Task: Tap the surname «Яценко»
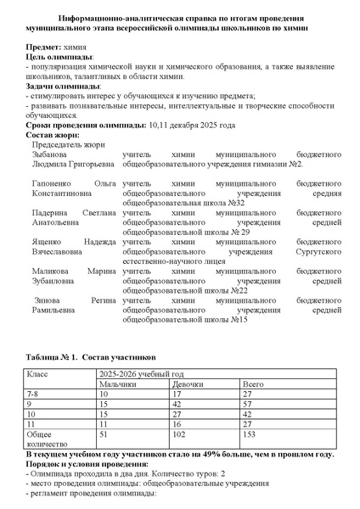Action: point(48,241)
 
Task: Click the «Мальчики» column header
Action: point(116,384)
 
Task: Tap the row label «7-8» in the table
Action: point(35,394)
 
